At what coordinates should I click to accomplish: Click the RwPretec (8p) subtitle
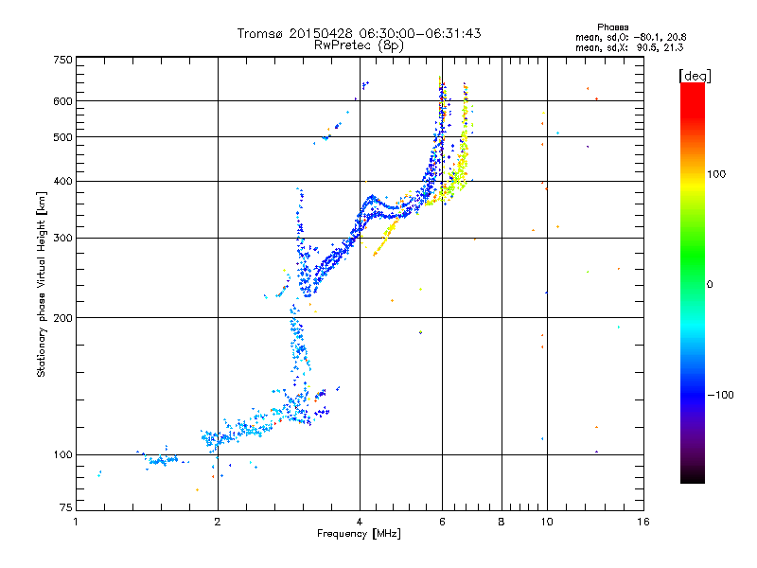(360, 44)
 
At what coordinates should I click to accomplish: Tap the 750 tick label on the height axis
(62, 60)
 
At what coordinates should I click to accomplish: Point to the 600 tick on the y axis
(62, 100)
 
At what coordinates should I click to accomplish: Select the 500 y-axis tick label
(62, 137)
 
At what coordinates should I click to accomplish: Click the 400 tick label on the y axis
(62, 181)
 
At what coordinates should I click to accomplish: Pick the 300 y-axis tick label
(62, 238)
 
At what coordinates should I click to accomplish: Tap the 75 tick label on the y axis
(65, 511)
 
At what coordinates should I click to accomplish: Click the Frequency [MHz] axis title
(359, 535)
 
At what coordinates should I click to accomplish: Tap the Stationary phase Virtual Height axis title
(42, 284)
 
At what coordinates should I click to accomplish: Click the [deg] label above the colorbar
(695, 75)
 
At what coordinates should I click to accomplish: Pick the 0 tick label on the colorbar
(711, 284)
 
